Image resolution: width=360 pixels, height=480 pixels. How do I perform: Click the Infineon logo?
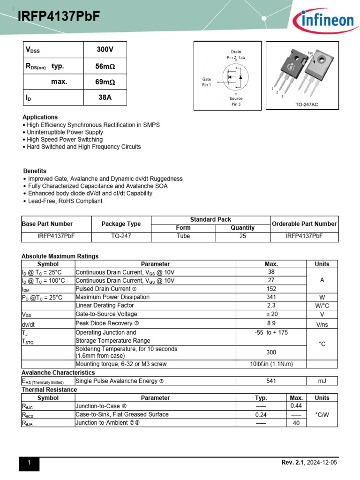[323, 21]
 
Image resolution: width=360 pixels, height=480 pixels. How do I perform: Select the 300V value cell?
[105, 49]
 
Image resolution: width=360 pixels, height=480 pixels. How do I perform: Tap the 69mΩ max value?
[105, 82]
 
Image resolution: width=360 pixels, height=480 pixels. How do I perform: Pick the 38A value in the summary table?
[105, 98]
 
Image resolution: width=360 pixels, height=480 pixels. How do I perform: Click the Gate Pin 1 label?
[207, 82]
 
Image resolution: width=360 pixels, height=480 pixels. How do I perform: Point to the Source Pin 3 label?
[236, 101]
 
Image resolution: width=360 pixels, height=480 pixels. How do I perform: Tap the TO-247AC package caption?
[307, 105]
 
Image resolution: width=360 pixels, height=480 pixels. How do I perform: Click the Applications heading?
[40, 117]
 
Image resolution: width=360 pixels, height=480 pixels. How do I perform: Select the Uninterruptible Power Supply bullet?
[65, 132]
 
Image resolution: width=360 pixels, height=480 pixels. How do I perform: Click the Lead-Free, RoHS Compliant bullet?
[65, 201]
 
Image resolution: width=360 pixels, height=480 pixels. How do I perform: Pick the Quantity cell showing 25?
[242, 236]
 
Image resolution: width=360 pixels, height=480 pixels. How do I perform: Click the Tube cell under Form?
[183, 236]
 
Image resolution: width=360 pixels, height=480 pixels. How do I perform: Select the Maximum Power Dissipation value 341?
[271, 297]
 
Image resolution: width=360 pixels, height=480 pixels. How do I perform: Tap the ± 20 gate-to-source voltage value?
[271, 314]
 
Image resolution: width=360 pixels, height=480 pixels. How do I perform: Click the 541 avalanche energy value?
[271, 381]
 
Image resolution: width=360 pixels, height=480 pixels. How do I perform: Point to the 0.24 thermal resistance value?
[261, 415]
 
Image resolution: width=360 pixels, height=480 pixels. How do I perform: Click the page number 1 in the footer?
[29, 463]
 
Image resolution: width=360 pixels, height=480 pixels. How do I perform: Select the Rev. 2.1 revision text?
[293, 463]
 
